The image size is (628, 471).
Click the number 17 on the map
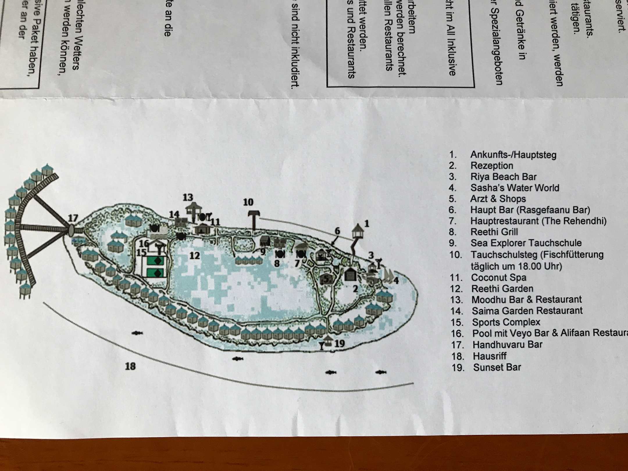tap(73, 218)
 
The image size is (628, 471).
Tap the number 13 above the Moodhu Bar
tap(188, 197)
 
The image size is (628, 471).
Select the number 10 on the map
tap(248, 202)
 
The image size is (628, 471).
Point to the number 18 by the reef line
tap(130, 366)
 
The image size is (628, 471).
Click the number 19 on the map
tap(339, 344)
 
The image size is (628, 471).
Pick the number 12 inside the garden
tap(195, 256)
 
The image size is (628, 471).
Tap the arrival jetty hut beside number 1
tap(358, 231)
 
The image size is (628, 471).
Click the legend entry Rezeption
tap(492, 166)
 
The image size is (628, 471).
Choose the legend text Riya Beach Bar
tap(503, 177)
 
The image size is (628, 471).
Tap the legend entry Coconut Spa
tap(499, 278)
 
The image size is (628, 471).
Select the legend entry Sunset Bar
tap(497, 367)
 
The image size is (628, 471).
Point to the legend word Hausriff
tap(490, 356)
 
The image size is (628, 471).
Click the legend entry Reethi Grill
tap(494, 232)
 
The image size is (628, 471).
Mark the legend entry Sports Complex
tap(506, 322)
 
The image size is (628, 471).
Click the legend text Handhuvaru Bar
tap(507, 345)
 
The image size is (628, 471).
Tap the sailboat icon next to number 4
tap(388, 275)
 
